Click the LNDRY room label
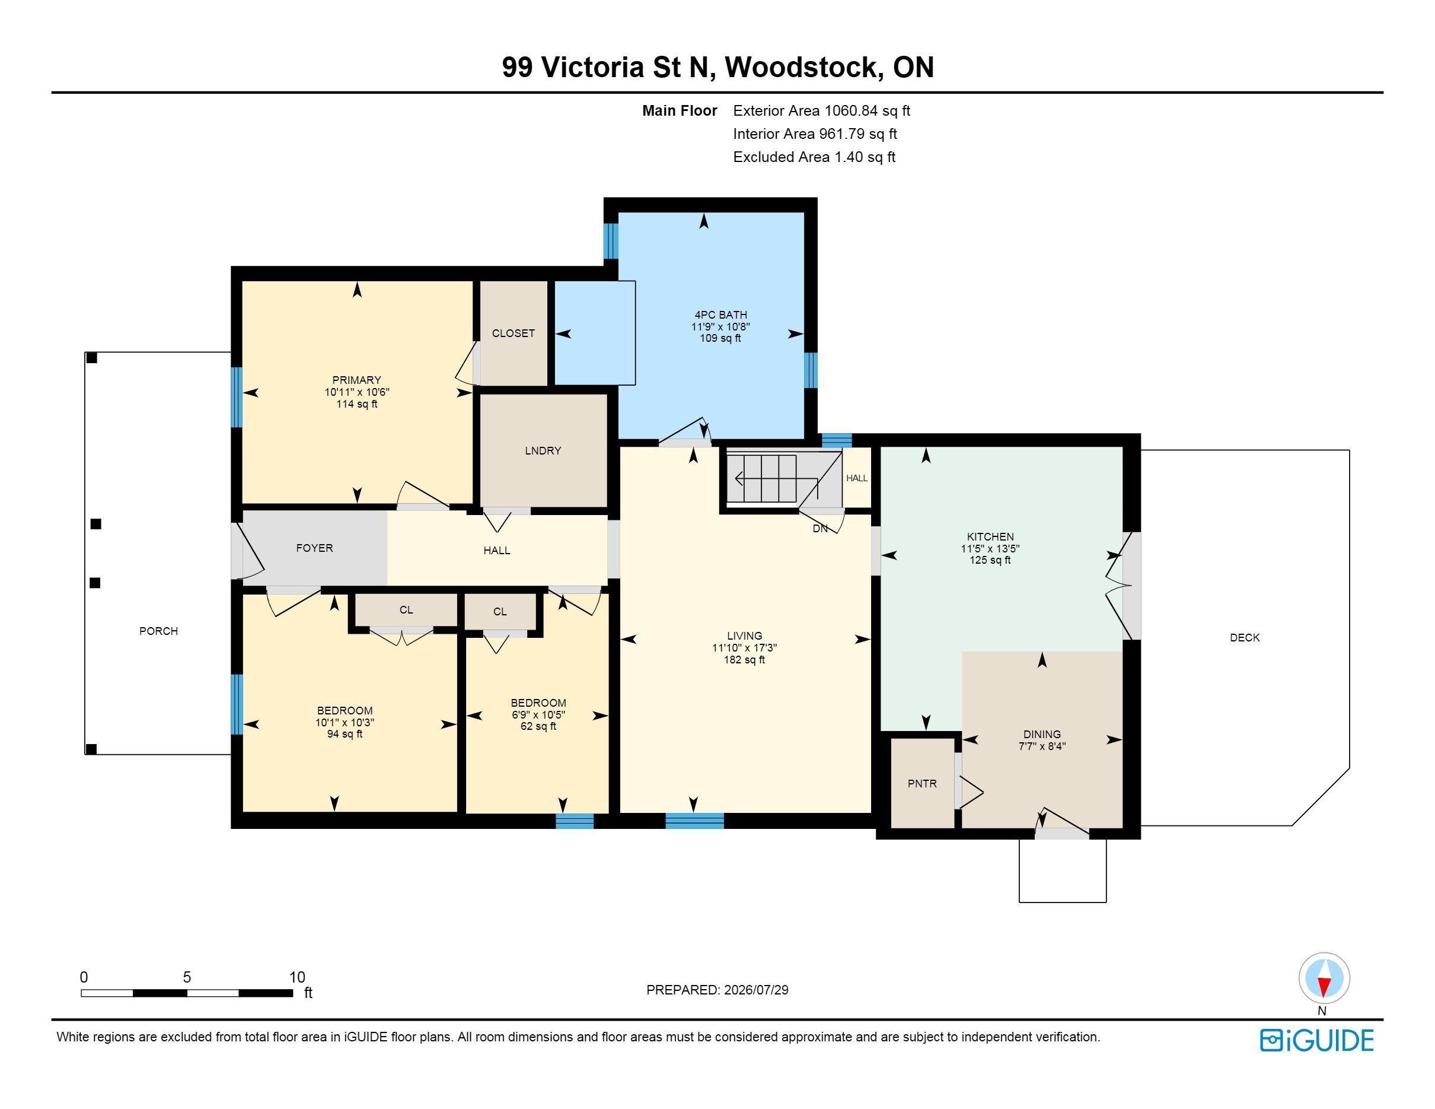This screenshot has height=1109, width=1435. point(543,451)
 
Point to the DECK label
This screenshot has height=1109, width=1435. point(1245,638)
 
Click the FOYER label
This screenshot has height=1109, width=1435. point(314,548)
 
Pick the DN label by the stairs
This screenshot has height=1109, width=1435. point(820,529)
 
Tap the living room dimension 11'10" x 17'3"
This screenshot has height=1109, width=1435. point(744,647)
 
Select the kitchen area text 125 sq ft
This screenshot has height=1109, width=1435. point(990,560)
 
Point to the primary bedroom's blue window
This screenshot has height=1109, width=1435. point(237,397)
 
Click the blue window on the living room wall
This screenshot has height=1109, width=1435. point(694,821)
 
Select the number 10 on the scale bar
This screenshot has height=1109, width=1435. point(297,977)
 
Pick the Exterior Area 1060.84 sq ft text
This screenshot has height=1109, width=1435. point(821,111)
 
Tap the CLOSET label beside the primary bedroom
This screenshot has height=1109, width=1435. point(513,333)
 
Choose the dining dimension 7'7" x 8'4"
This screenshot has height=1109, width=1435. point(1042,746)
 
